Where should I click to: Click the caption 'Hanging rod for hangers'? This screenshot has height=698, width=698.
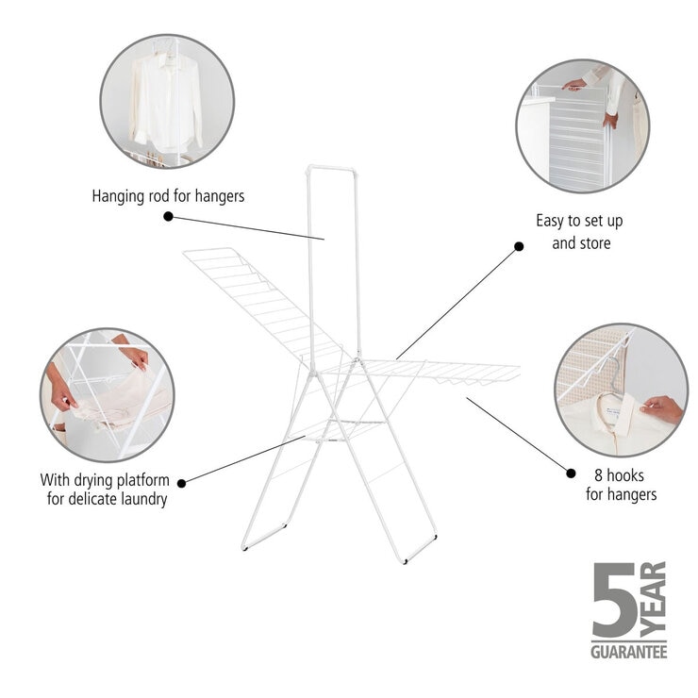[x=168, y=196]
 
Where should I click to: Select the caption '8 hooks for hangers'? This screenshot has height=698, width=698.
[x=621, y=485]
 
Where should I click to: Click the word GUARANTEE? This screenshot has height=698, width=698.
[x=628, y=651]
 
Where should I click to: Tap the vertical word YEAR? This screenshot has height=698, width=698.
[x=654, y=599]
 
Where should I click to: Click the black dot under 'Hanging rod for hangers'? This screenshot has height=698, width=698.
[x=168, y=216]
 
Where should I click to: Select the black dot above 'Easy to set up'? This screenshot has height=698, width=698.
[x=518, y=246]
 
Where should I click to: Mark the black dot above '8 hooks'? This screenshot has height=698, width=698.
[x=571, y=472]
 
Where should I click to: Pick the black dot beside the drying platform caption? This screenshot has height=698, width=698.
[x=181, y=483]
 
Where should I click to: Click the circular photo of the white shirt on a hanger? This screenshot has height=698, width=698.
[x=166, y=101]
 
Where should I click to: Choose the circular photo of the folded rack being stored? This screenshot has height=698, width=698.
[x=582, y=125]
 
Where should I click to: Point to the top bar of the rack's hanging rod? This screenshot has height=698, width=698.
[x=331, y=169]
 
